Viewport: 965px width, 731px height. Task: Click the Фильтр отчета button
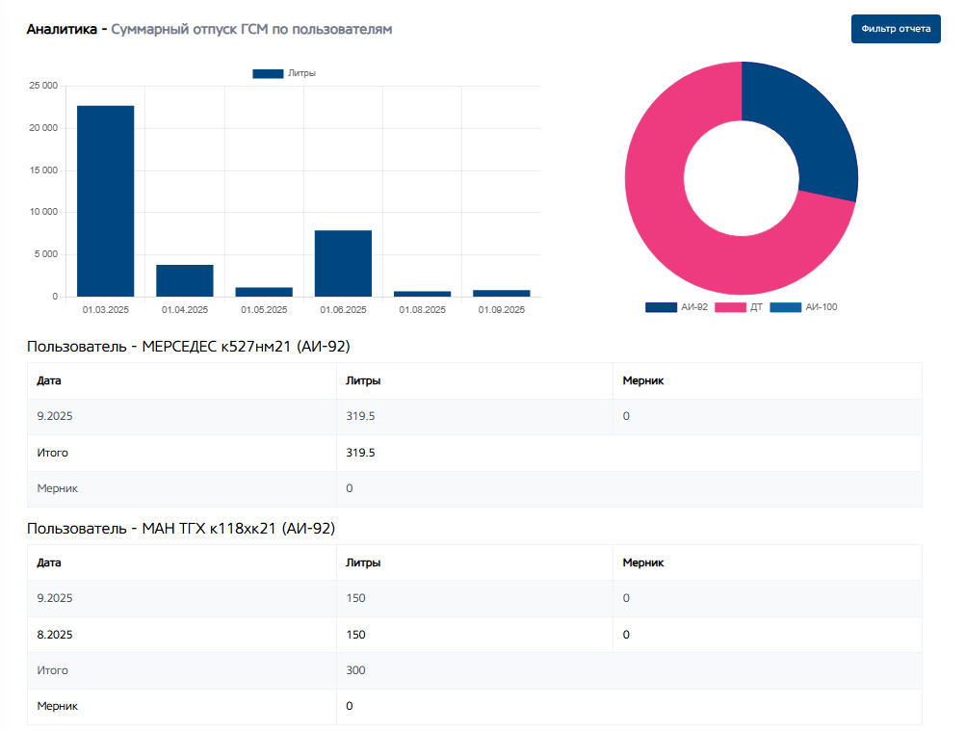pyautogui.click(x=896, y=29)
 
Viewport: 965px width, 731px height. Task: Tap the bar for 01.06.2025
pyautogui.click(x=343, y=263)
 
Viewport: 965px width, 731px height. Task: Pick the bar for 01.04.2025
pyautogui.click(x=185, y=280)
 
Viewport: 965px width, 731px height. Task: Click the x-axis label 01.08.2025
pyautogui.click(x=422, y=310)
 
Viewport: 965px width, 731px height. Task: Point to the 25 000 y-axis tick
pyautogui.click(x=42, y=86)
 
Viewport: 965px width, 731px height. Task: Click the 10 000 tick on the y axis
pyautogui.click(x=42, y=212)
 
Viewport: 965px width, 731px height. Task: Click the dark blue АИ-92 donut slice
pyautogui.click(x=809, y=125)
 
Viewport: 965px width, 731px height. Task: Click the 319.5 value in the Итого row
pyautogui.click(x=360, y=452)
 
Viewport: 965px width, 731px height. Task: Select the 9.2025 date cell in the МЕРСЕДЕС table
pyautogui.click(x=55, y=416)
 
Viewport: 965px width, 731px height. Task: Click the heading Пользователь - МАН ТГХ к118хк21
pyautogui.click(x=181, y=528)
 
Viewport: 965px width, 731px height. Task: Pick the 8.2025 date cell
pyautogui.click(x=55, y=635)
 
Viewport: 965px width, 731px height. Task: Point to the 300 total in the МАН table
pyautogui.click(x=355, y=670)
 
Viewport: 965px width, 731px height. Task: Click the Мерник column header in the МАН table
pyautogui.click(x=642, y=562)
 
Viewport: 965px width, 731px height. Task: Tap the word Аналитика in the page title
pyautogui.click(x=62, y=30)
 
